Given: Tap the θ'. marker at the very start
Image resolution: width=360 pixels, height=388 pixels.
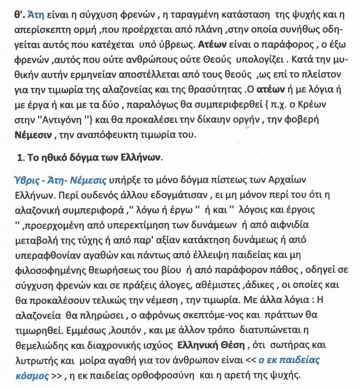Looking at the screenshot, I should (x=10, y=10).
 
